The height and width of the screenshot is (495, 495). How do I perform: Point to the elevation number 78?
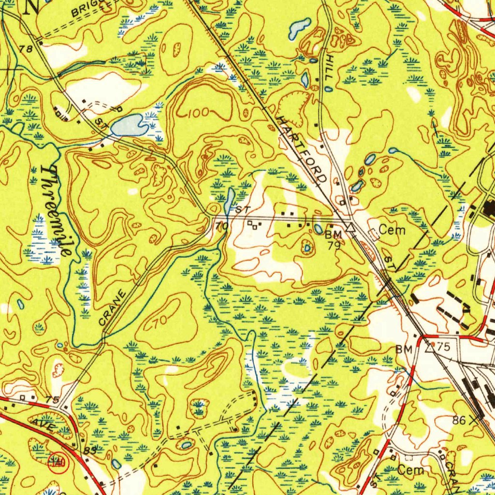coord(26,49)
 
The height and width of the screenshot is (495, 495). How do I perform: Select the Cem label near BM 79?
coord(392,230)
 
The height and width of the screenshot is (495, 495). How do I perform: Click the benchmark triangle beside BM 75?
coord(429,347)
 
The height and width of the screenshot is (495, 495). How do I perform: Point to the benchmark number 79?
coord(334,246)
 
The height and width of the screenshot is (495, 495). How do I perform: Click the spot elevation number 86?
coord(459,420)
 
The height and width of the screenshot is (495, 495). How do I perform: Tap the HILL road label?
coord(329,68)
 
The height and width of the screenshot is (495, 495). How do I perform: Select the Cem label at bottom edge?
coord(411,470)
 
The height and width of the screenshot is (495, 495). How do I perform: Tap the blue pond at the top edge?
coord(300,29)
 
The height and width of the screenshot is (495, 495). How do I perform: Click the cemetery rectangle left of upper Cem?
coord(374,234)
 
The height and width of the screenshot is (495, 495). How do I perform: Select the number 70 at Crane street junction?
coord(221,226)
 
